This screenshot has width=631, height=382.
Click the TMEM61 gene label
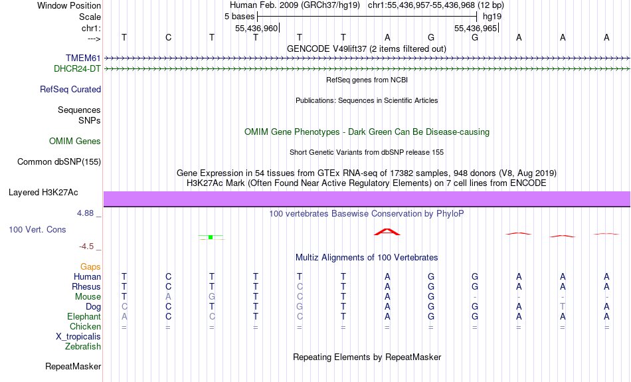[83, 58]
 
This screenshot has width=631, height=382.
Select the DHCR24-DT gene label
[77, 69]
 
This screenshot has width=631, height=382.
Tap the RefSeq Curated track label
[70, 90]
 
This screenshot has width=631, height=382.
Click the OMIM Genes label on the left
[75, 142]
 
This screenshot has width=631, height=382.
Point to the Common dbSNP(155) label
[59, 162]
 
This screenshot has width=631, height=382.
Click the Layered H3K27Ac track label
[43, 193]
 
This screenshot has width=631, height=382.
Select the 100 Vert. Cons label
[37, 229]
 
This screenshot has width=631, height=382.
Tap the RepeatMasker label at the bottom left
[73, 366]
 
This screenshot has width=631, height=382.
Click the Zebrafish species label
[83, 347]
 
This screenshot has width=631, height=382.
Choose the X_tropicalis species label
[78, 337]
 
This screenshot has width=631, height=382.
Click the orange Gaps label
[90, 267]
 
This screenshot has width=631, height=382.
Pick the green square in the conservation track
[211, 237]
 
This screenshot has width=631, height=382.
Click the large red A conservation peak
[387, 232]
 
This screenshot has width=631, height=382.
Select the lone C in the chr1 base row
[168, 37]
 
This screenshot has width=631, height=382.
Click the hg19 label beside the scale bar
[492, 17]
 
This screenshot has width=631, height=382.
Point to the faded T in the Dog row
[563, 307]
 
